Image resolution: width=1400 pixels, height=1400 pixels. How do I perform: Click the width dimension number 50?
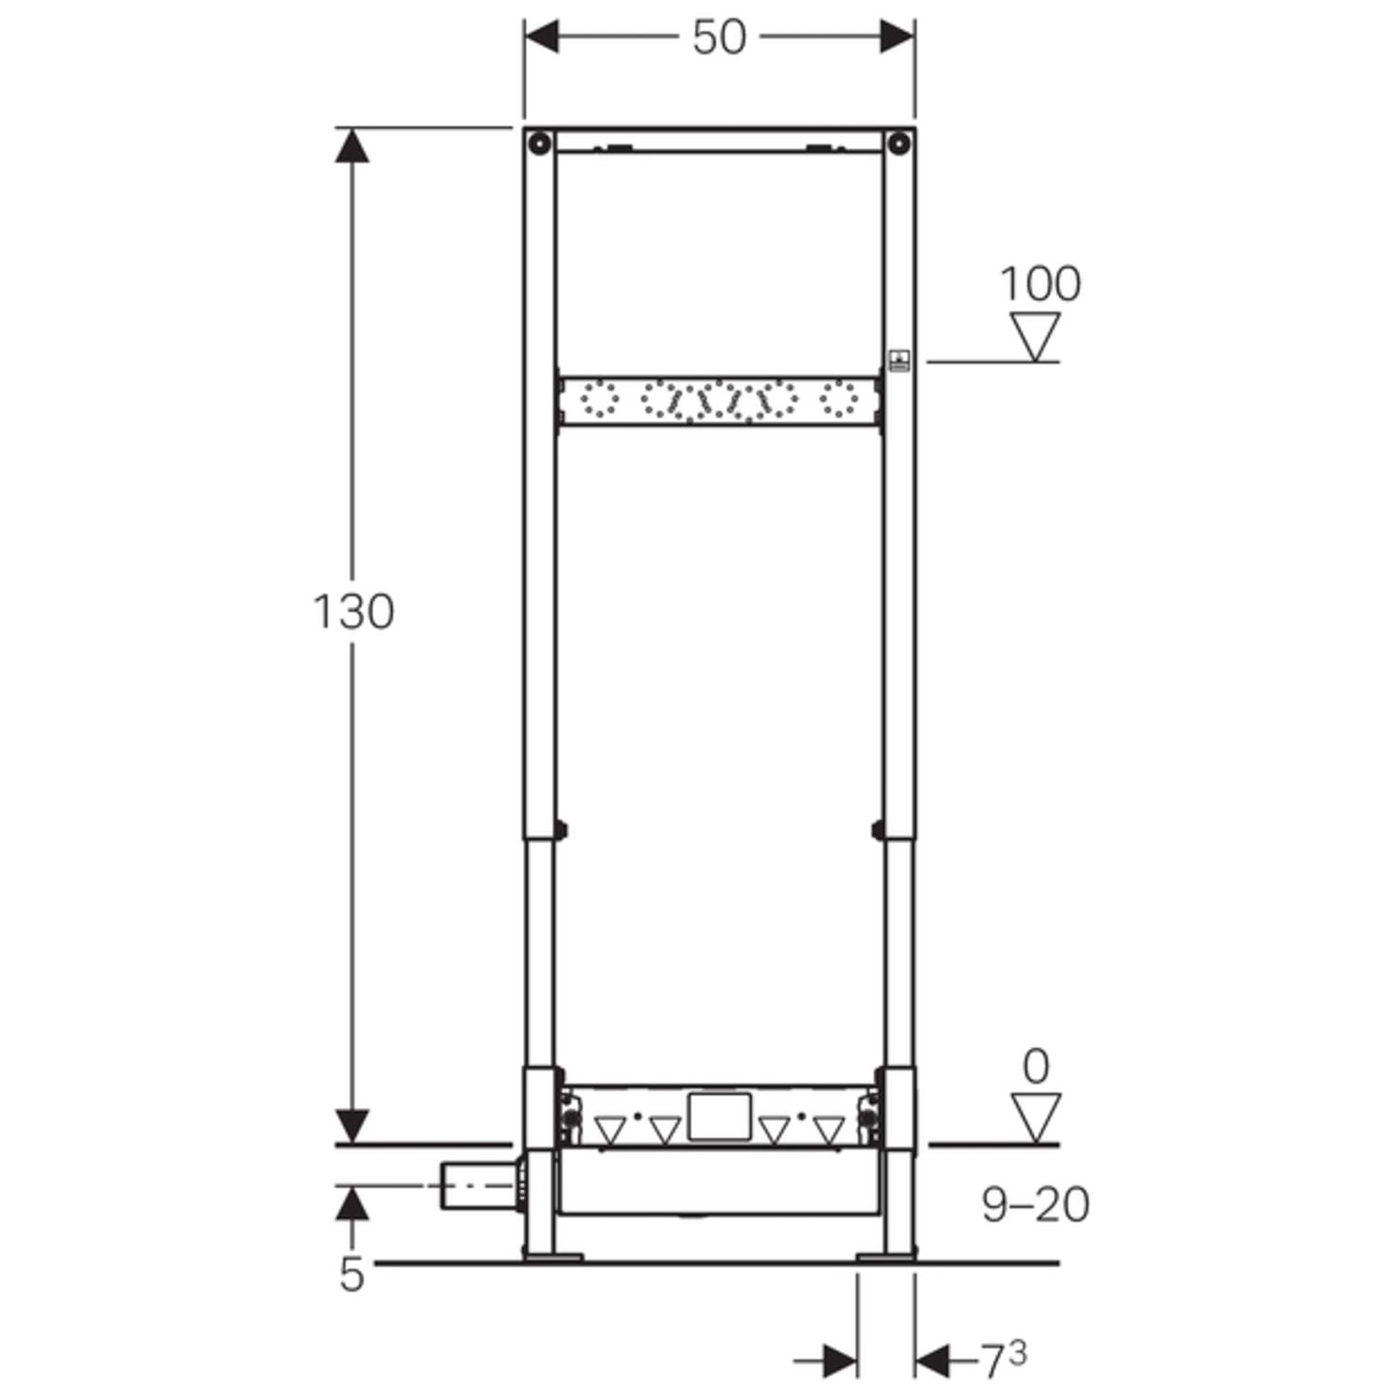(x=719, y=38)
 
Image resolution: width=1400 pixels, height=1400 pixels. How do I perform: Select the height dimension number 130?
(x=353, y=612)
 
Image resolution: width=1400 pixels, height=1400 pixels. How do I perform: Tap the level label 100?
(x=1040, y=284)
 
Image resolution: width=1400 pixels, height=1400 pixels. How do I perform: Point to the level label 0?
(x=1035, y=1067)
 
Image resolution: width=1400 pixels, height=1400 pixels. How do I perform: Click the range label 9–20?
(x=1035, y=1204)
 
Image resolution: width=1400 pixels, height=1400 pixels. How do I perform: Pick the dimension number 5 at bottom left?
(x=351, y=1275)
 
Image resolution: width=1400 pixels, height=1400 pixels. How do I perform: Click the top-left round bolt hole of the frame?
(x=539, y=143)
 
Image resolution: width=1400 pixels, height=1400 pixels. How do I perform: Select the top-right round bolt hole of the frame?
(x=898, y=143)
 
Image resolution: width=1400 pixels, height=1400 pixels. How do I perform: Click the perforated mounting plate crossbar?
(x=719, y=401)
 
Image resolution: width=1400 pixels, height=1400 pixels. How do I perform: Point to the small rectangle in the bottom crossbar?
(x=719, y=1116)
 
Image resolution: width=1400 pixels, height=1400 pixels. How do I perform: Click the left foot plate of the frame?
(x=552, y=1256)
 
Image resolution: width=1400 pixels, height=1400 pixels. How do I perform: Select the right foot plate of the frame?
(x=886, y=1256)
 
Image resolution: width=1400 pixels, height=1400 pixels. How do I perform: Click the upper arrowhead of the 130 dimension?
(x=352, y=146)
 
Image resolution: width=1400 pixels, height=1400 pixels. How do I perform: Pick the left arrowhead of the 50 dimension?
(x=542, y=37)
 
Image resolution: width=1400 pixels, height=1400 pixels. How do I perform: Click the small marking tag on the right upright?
(x=898, y=360)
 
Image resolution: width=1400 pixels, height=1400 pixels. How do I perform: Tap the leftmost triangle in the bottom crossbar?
(x=610, y=1130)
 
